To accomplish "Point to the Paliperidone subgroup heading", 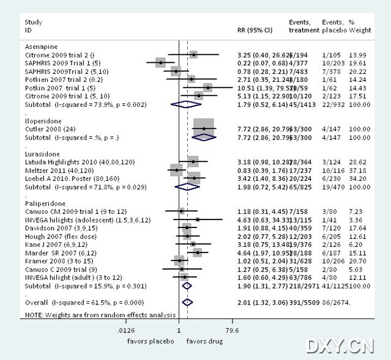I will click(42, 202).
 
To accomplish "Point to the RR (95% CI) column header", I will click(255, 29).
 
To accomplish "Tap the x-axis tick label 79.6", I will click(233, 331).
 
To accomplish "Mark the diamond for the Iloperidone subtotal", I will click(204, 137).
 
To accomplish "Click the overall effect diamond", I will click(188, 302).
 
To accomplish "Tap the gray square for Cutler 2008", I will click(204, 128).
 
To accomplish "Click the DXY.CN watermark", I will click(340, 346).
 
